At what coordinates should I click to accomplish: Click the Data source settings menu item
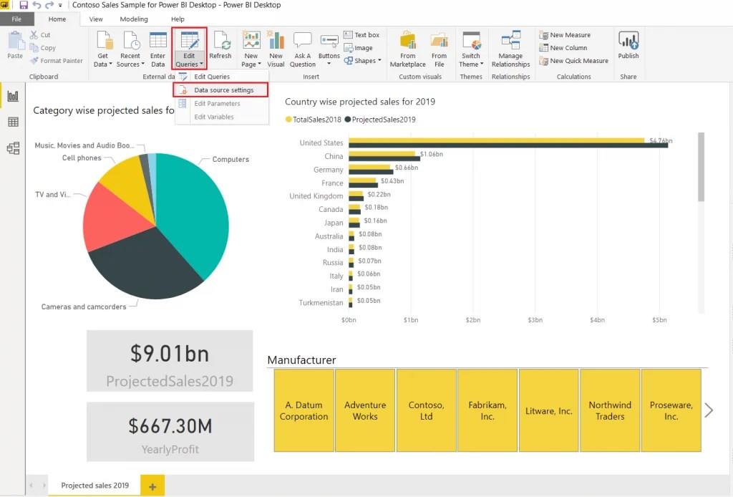pos(223,90)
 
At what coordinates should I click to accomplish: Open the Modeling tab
pos(134,19)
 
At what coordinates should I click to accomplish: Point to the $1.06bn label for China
pos(432,154)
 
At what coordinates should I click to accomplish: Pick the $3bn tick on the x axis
pos(534,320)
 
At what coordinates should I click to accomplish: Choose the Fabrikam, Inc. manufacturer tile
pos(487,410)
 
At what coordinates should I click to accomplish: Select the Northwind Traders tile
pos(610,410)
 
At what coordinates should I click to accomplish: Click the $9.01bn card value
pos(170,353)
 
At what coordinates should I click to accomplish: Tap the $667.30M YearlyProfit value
pos(170,426)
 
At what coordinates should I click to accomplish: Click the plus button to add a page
pos(152,486)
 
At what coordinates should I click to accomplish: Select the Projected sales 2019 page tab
pos(95,486)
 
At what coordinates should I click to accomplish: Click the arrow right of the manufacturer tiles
pos(709,410)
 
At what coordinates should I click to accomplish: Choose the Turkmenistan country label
pos(321,303)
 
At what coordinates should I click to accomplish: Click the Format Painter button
pos(57,61)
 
